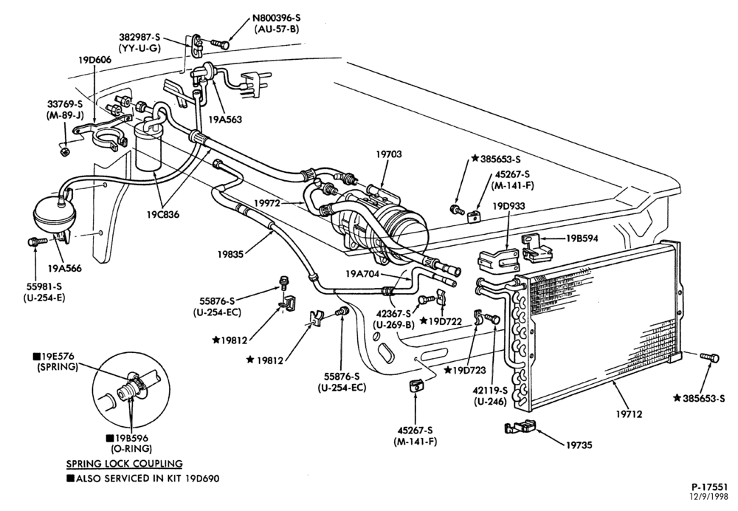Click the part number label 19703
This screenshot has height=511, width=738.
click(389, 154)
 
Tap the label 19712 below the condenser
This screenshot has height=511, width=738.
click(629, 414)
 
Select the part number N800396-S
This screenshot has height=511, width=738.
click(276, 18)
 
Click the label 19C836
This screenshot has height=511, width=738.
click(162, 215)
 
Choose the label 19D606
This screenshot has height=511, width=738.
click(95, 60)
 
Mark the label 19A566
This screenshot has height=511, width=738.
click(64, 269)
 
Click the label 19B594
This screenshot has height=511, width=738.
click(582, 239)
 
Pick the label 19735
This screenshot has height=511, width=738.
click(579, 445)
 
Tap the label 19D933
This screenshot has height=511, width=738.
click(508, 206)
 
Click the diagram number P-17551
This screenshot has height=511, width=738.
click(710, 487)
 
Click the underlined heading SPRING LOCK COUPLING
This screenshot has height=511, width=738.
click(124, 464)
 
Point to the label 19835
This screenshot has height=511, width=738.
click(230, 254)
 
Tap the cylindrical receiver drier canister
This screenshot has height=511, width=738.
click(149, 146)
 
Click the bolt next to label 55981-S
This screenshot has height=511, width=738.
click(37, 241)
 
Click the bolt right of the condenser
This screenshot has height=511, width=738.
click(709, 357)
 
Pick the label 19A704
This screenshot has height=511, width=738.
click(362, 274)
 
